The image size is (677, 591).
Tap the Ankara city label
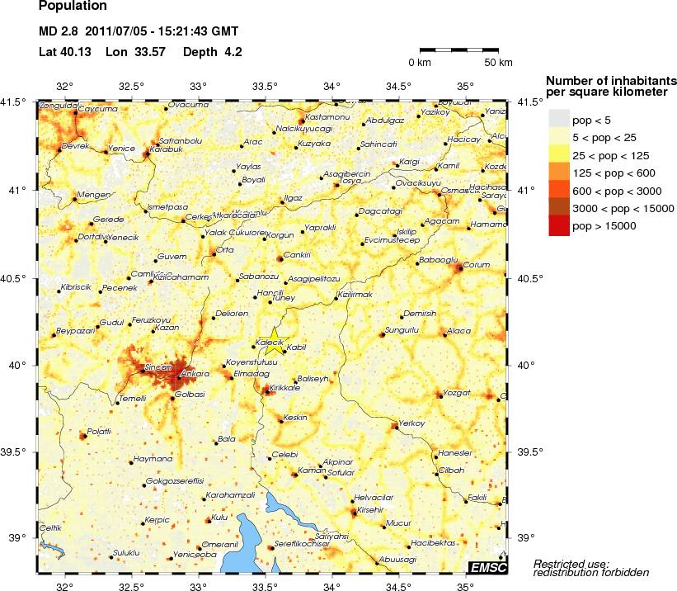pos(192,374)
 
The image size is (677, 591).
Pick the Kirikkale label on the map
pos(286,387)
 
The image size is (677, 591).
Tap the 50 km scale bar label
pos(498,63)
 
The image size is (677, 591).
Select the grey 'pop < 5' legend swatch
pos(559,121)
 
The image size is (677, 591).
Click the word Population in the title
pos(73,7)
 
